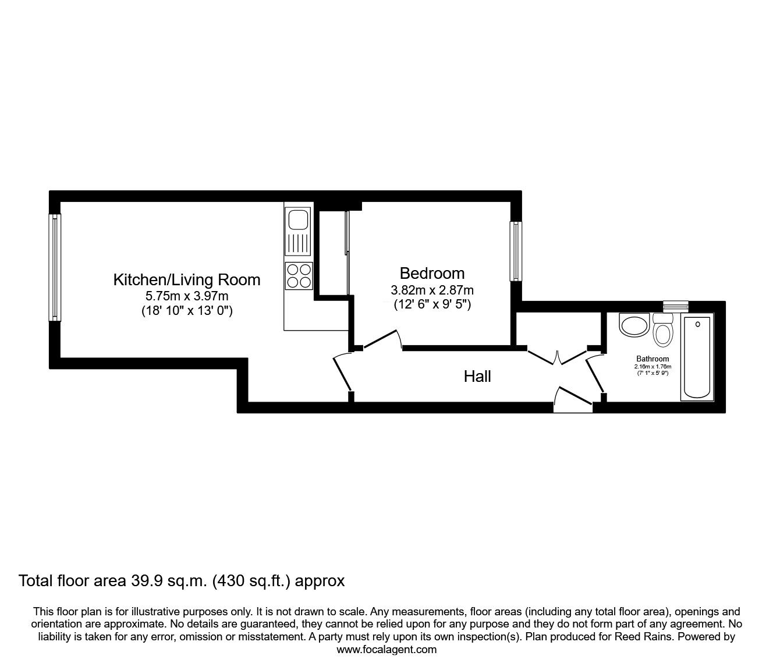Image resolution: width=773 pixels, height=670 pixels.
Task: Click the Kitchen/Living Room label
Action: tap(186, 279)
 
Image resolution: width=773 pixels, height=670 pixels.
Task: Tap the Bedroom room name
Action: tap(432, 273)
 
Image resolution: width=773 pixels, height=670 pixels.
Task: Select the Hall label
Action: tap(477, 377)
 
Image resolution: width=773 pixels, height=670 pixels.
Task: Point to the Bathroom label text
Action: tap(653, 359)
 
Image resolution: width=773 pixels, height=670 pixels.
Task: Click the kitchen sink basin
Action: tap(299, 221)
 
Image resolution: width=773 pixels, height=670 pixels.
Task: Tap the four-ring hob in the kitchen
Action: tap(299, 275)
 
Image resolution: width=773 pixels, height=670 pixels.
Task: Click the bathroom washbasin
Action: tap(634, 324)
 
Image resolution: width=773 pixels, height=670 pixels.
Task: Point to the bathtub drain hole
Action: tap(697, 324)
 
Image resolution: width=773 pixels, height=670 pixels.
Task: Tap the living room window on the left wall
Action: tap(55, 267)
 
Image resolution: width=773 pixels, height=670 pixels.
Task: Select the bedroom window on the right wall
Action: tap(516, 251)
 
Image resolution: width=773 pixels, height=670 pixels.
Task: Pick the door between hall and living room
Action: tap(342, 373)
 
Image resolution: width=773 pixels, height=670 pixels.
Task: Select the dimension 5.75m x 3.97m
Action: tap(186, 296)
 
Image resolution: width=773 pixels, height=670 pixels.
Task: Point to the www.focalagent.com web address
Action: tap(386, 650)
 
